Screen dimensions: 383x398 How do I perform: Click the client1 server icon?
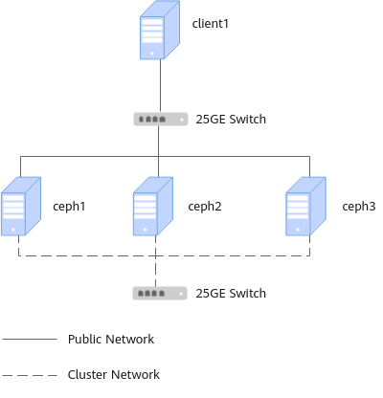click(160, 30)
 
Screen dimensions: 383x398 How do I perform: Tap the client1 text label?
click(211, 24)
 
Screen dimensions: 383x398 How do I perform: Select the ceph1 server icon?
click(21, 207)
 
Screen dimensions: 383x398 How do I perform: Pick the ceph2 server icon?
click(153, 207)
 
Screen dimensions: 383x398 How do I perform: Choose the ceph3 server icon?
click(305, 207)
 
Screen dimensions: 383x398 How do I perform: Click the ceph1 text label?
click(69, 207)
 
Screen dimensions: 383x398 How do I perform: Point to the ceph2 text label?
click(205, 207)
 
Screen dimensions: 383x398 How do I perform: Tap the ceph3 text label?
click(359, 207)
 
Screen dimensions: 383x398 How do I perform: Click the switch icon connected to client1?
click(161, 120)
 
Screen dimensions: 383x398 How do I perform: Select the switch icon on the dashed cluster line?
click(160, 293)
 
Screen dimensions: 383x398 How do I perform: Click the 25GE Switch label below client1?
click(231, 120)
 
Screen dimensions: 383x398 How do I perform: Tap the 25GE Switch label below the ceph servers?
click(231, 294)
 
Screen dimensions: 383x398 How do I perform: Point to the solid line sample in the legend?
click(30, 339)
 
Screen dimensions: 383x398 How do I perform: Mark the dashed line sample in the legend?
click(30, 375)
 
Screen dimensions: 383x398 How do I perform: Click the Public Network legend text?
click(111, 339)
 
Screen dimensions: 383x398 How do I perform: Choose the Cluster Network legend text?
click(114, 375)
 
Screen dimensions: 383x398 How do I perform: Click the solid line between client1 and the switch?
click(160, 86)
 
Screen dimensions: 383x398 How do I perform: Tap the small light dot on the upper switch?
click(182, 120)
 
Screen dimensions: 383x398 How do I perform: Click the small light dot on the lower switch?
click(181, 294)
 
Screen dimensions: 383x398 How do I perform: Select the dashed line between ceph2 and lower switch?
click(155, 261)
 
